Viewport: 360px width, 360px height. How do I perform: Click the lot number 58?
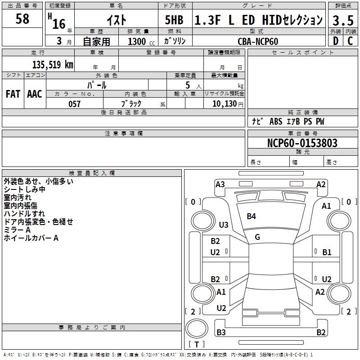tap(22, 19)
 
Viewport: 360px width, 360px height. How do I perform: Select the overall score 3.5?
tap(342, 21)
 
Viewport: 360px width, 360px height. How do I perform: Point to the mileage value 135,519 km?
tap(52, 64)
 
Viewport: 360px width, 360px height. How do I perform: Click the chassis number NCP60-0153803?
tap(302, 143)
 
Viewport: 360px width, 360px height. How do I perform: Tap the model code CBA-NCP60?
tap(258, 41)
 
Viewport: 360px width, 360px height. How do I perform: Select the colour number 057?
tap(74, 104)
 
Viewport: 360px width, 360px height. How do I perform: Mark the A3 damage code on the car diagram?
tap(220, 184)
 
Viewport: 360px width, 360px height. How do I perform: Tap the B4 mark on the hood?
tap(251, 216)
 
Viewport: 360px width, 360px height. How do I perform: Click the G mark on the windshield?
tap(257, 237)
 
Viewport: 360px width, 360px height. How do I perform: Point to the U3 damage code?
tap(223, 225)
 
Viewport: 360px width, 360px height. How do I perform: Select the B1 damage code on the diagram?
tap(327, 252)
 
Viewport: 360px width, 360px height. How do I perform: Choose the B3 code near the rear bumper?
tap(221, 333)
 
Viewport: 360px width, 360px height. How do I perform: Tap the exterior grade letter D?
tap(335, 41)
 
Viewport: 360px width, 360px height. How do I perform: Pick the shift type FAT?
tap(13, 94)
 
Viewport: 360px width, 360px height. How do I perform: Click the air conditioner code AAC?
tap(35, 94)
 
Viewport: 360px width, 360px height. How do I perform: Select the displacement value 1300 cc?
tap(138, 41)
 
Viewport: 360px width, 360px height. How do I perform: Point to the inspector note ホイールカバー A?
tap(31, 238)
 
